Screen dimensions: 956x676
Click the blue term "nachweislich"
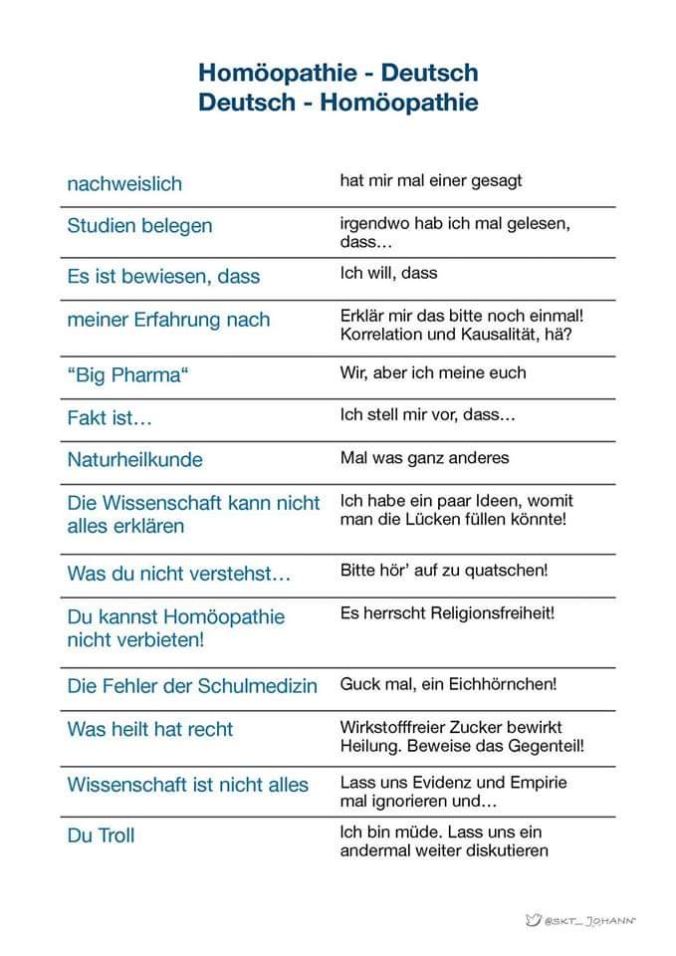[x=124, y=184]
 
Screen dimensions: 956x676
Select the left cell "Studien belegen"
[x=139, y=226]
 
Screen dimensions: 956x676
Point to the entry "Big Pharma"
[x=126, y=376]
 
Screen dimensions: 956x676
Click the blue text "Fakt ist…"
[x=110, y=418]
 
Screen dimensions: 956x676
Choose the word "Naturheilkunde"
[x=134, y=460]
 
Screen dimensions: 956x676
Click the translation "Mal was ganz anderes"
[x=424, y=458]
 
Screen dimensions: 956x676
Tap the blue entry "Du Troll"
[x=101, y=835]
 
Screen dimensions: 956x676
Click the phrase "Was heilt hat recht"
[x=149, y=729]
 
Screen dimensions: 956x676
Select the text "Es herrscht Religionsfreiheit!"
[x=447, y=612]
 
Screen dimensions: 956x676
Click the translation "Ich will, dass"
[x=388, y=273]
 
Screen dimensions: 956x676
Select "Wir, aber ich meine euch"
[x=433, y=372]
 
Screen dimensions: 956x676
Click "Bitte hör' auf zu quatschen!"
[x=444, y=571]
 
